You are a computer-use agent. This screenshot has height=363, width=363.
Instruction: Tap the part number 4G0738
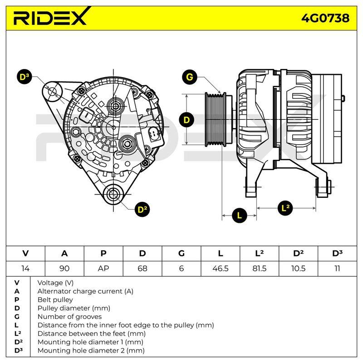coord(325,18)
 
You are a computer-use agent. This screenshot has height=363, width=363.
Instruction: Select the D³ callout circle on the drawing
coord(25,77)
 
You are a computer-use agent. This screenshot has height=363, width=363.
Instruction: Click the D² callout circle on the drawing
coord(142,210)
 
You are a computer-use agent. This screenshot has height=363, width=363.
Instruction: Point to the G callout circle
coord(189,77)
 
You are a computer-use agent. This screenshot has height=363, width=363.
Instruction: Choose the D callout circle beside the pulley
coord(186,120)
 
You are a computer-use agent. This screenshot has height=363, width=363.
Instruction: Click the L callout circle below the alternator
coord(240,216)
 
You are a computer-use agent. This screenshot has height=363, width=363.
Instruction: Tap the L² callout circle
coord(285,208)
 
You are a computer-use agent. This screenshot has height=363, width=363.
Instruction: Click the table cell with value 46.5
coord(221,269)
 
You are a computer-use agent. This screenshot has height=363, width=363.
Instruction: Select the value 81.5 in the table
coord(259,269)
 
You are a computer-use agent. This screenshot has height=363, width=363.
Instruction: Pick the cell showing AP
coord(103,269)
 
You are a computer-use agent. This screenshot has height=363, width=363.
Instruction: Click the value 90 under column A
coord(64,269)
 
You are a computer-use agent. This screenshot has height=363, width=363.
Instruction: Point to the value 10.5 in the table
coord(298,269)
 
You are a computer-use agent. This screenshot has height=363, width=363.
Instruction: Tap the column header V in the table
coord(25,254)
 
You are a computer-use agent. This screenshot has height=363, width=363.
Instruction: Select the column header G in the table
coord(181,254)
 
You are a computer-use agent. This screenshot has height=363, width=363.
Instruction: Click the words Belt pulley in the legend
coord(55,299)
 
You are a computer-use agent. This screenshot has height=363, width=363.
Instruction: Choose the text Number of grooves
coord(69,316)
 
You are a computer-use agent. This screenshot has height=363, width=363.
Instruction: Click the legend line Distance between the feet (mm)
coord(92,334)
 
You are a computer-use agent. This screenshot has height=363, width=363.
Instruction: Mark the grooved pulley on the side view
coord(215,119)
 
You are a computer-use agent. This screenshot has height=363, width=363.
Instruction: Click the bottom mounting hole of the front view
coord(113,194)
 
